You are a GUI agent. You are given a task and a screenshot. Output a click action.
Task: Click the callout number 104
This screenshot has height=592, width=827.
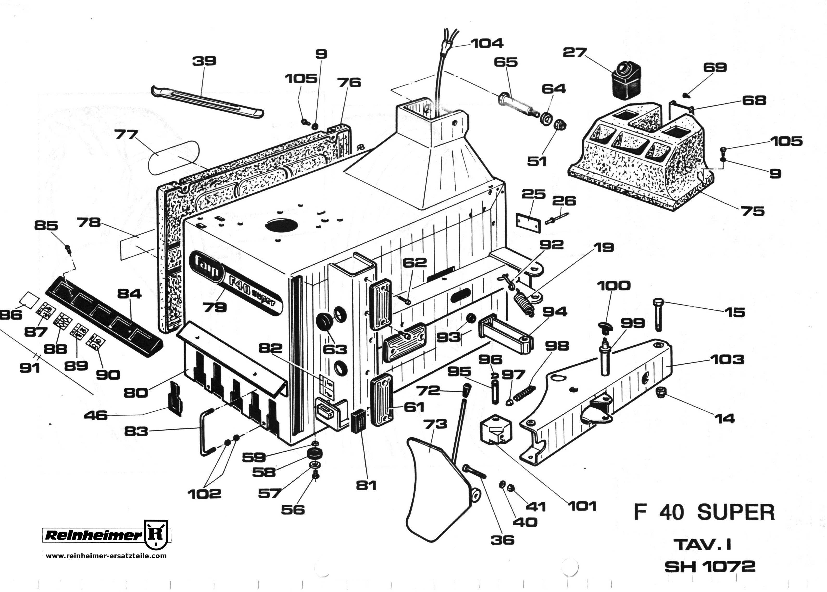coord(487,43)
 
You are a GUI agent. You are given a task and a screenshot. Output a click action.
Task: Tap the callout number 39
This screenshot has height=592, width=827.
coord(204,60)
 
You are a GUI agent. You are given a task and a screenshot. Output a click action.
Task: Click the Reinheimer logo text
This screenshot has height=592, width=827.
coord(93,535)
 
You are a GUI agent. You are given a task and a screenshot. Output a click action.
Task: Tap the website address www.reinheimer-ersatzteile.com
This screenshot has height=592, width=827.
coord(106,556)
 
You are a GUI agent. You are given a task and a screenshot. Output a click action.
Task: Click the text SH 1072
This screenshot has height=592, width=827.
coord(710,566)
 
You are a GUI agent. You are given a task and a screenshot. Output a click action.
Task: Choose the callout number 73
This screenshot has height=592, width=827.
coord(435,424)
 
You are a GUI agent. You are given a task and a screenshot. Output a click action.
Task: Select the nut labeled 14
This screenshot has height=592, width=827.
coord(660,393)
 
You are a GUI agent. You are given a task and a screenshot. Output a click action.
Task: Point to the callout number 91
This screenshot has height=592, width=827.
coord(29,368)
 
